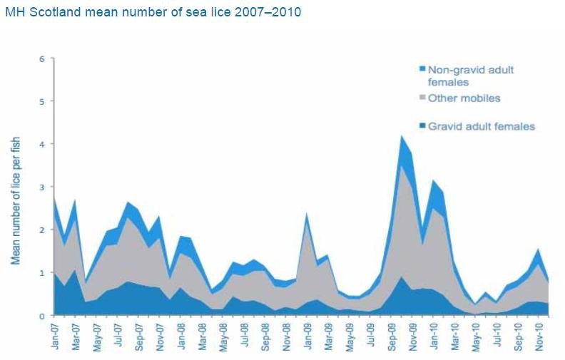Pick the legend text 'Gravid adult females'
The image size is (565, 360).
coord(481,126)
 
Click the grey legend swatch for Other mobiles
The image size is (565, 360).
coord(422,98)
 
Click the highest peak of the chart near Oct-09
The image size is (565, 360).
coord(402,136)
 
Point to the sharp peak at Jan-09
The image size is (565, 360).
coord(307,214)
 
